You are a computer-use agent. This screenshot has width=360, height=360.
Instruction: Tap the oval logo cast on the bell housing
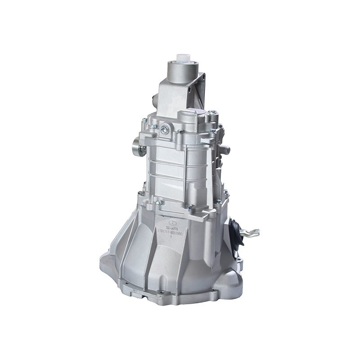pos(171,223)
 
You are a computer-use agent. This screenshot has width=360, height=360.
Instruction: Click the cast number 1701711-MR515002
pos(173,230)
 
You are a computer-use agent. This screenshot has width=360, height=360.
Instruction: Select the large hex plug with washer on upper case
pos(166,130)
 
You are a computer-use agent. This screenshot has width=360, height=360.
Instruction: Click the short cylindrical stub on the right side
pos(226,149)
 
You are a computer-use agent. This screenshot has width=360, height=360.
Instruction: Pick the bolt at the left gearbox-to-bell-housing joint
pos(141,193)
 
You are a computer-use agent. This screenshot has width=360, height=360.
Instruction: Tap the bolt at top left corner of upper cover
pos(144,121)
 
